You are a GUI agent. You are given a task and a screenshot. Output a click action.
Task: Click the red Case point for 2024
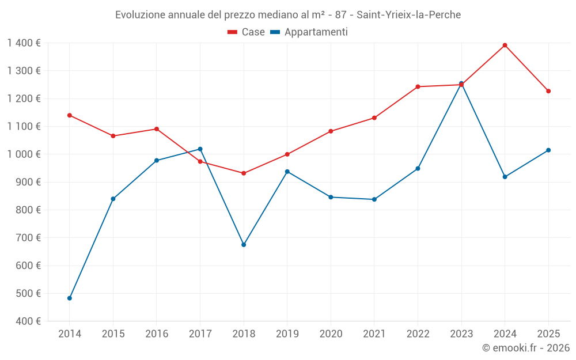[x=505, y=45]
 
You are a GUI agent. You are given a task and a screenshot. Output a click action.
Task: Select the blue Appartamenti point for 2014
[x=70, y=298]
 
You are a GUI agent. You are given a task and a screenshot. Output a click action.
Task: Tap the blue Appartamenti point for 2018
[x=244, y=245]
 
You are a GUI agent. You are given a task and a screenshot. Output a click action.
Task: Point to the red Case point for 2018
[x=244, y=173]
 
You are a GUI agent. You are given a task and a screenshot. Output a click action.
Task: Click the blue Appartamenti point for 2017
[x=200, y=149]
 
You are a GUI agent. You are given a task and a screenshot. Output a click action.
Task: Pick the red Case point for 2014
[x=70, y=115]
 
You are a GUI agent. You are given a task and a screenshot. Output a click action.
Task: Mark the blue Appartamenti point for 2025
[x=548, y=150]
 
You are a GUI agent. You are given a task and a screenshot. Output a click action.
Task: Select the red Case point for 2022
[x=418, y=87]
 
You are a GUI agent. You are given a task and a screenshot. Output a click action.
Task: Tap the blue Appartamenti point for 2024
[x=505, y=177]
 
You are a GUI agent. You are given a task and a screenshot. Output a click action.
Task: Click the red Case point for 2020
[x=331, y=131]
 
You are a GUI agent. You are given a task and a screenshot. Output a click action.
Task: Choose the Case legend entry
[x=246, y=32]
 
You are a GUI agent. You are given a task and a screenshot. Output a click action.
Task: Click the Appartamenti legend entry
[x=309, y=32]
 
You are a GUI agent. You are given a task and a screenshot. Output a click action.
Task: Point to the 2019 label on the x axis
[x=287, y=334]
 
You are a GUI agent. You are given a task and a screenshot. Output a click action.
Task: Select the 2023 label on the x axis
[x=461, y=334]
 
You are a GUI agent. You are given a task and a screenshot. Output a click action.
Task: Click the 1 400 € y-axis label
[x=24, y=43]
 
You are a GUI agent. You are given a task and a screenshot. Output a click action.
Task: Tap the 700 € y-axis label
[x=28, y=238]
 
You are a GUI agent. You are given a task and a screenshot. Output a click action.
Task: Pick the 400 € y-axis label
[x=28, y=321]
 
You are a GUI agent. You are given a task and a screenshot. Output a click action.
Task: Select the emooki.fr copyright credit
[x=525, y=348]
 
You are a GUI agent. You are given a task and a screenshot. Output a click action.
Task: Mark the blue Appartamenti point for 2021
[x=374, y=199]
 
